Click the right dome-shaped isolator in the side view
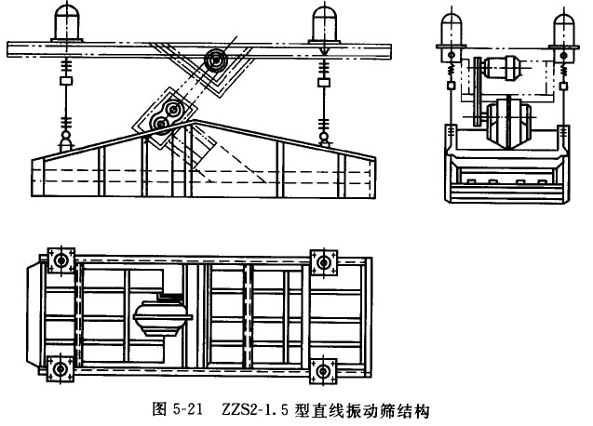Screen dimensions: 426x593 pyautogui.click(x=324, y=20)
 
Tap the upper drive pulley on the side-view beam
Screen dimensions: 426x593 pyautogui.click(x=217, y=60)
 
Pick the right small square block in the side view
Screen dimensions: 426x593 pyautogui.click(x=324, y=82)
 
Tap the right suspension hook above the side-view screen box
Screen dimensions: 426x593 pyautogui.click(x=324, y=139)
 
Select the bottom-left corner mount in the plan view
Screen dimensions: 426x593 pyautogui.click(x=63, y=369)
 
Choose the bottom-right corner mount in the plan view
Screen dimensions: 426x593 pyautogui.click(x=324, y=369)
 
